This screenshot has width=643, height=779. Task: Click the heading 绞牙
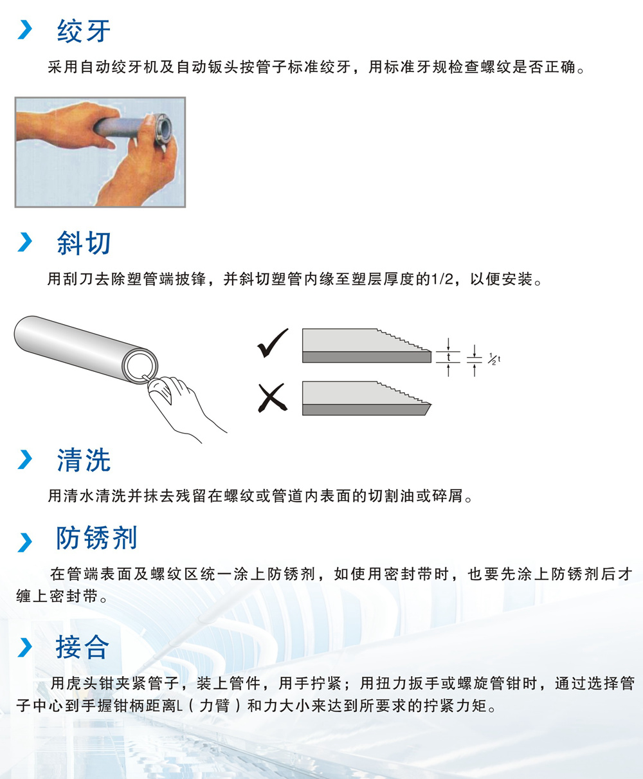coord(84,31)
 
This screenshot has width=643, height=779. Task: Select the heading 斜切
coord(84,243)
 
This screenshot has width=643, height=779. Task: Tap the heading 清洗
coord(84,460)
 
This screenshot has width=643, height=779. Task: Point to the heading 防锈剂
coord(97,538)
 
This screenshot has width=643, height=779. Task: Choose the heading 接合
coord(83,647)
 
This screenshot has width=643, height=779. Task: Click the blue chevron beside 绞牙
coord(25,30)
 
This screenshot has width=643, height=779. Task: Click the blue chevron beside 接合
coord(25,648)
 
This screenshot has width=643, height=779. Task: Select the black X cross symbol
coord(273,398)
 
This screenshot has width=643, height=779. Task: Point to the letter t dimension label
coord(448,357)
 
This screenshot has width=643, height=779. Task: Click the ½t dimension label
coord(494,359)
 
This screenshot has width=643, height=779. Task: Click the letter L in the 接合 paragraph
coord(179,706)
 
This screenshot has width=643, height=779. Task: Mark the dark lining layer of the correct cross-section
coord(367,357)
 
